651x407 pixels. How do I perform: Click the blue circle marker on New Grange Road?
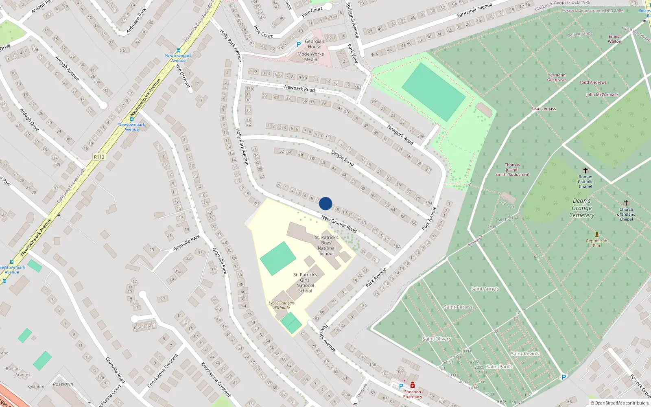pyautogui.click(x=325, y=203)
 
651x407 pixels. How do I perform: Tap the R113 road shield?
pyautogui.click(x=99, y=157)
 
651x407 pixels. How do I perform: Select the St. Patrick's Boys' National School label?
pyautogui.click(x=327, y=245)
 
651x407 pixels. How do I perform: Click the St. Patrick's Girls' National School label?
pyautogui.click(x=305, y=283)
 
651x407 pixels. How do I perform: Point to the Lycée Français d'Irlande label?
pyautogui.click(x=282, y=305)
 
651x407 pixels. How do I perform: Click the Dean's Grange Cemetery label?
pyautogui.click(x=582, y=208)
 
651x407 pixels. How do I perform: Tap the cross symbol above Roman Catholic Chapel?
pyautogui.click(x=585, y=171)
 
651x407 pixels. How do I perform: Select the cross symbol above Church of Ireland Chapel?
pyautogui.click(x=626, y=203)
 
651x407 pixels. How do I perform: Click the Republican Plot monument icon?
pyautogui.click(x=597, y=234)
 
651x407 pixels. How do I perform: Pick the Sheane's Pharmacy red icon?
pyautogui.click(x=413, y=385)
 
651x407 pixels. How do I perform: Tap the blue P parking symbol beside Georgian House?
pyautogui.click(x=298, y=44)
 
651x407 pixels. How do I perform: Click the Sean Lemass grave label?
pyautogui.click(x=543, y=109)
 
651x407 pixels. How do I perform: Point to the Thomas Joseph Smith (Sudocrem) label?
pyautogui.click(x=512, y=170)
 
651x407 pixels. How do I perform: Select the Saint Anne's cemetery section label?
pyautogui.click(x=485, y=289)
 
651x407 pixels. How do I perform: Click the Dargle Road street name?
pyautogui.click(x=343, y=158)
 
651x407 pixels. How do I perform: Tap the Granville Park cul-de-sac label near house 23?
pyautogui.click(x=186, y=243)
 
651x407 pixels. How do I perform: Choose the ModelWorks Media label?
pyautogui.click(x=310, y=57)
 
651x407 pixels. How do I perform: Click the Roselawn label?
pyautogui.click(x=63, y=384)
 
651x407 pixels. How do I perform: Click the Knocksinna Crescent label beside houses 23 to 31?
pyautogui.click(x=216, y=379)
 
